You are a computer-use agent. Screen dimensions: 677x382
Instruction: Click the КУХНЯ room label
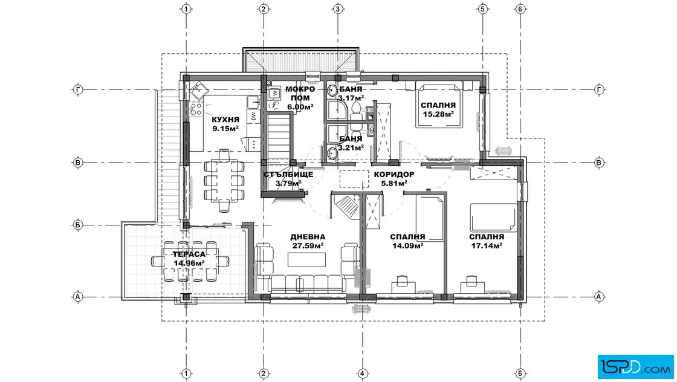pyautogui.click(x=225, y=120)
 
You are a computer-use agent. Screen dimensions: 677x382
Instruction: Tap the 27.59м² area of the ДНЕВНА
pyautogui.click(x=308, y=245)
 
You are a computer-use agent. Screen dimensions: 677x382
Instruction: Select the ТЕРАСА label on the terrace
pyautogui.click(x=189, y=254)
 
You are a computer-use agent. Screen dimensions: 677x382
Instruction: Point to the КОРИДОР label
pyautogui.click(x=394, y=175)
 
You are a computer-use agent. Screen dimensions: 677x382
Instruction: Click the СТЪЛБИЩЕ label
pyautogui.click(x=288, y=175)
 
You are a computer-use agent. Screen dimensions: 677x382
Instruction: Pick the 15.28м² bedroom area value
pyautogui.click(x=438, y=114)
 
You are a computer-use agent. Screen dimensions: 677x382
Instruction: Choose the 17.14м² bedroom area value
pyautogui.click(x=487, y=245)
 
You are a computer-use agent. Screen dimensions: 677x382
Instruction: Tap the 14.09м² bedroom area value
pyautogui.click(x=407, y=245)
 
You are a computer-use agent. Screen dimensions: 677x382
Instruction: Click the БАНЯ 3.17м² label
pyautogui.click(x=351, y=94)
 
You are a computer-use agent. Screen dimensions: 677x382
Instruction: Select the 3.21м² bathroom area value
pyautogui.click(x=351, y=147)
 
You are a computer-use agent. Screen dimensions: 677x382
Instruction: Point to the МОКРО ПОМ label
pyautogui.click(x=300, y=94)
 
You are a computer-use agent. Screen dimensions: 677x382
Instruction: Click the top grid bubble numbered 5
pyautogui.click(x=483, y=8)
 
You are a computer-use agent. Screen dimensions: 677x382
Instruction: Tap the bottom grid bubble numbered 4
pyautogui.click(x=362, y=374)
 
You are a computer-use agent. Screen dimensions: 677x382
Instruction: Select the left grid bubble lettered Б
pyautogui.click(x=78, y=225)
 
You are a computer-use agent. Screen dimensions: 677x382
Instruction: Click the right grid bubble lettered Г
pyautogui.click(x=599, y=90)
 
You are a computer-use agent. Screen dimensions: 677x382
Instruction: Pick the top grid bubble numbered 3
pyautogui.click(x=338, y=8)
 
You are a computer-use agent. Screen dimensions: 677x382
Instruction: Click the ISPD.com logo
pyautogui.click(x=635, y=367)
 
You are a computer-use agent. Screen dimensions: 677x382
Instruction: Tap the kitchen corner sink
pyautogui.click(x=199, y=90)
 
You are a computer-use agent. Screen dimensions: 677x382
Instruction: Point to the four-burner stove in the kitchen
pyautogui.click(x=196, y=109)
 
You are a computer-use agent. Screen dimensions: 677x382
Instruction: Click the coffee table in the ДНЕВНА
pyautogui.click(x=306, y=260)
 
